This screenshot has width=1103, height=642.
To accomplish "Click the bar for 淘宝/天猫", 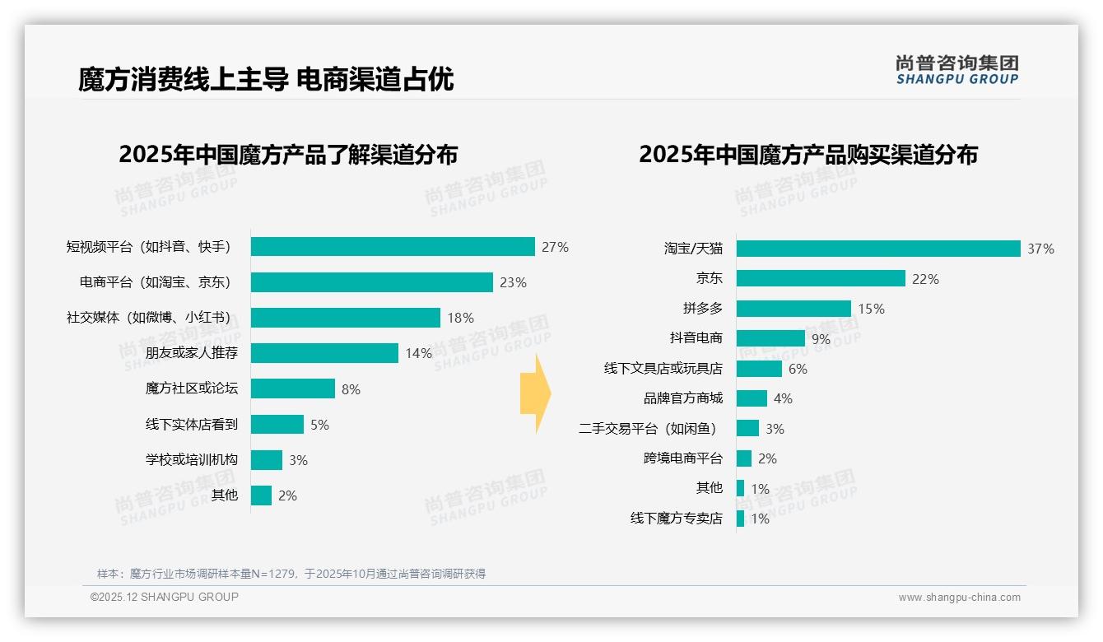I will point(878,249).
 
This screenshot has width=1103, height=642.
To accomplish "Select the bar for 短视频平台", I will point(393,247).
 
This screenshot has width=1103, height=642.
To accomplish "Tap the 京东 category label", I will point(709,279).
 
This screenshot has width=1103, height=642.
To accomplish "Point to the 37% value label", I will point(1040,249).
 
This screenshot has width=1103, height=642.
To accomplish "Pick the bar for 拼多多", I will point(794,309).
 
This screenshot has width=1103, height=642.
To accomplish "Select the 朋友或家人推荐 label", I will point(192,353).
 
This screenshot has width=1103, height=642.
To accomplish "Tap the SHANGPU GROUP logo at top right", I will point(956,69).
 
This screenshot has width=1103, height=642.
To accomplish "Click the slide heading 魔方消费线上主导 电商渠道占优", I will point(266,79).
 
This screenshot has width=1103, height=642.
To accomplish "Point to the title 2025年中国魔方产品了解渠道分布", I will point(288,155).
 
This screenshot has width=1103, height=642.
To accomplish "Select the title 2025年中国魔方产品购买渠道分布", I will point(807,155).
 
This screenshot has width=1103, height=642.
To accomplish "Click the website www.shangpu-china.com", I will point(959,598).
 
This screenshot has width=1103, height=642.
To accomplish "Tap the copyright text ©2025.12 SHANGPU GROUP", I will point(165,597).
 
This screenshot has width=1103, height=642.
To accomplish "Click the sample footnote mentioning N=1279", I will point(291,574).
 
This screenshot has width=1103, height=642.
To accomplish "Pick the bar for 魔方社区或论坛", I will point(293,388).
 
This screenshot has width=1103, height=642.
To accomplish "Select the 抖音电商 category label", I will point(696,338).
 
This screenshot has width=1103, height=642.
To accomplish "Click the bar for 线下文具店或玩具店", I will point(759,369).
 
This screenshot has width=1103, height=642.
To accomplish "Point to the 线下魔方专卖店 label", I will point(676,519).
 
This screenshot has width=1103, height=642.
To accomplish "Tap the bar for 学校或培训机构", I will point(267,460).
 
